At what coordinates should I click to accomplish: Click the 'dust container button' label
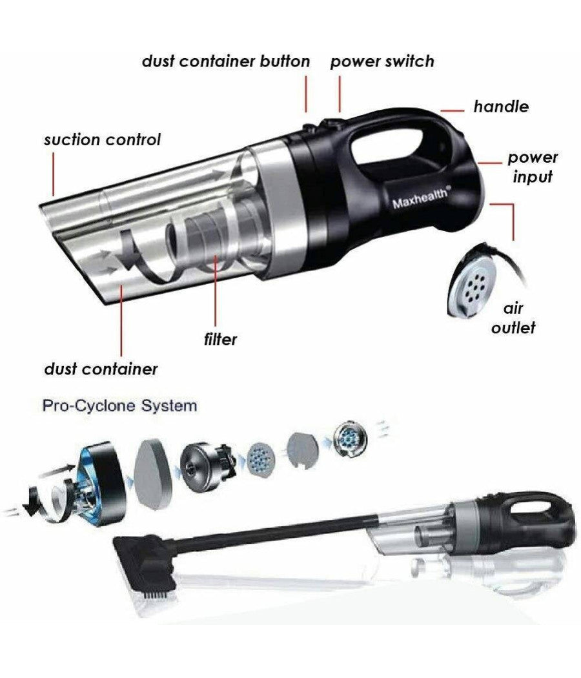point(226,62)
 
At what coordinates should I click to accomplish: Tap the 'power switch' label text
point(382,62)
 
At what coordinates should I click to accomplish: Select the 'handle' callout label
point(501,107)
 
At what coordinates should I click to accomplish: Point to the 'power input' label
point(532,167)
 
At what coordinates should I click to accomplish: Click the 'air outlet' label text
point(513,318)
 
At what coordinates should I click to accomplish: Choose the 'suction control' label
point(102,139)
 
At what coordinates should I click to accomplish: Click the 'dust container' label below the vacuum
point(101,369)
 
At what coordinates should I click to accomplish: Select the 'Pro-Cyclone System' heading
point(119,407)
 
